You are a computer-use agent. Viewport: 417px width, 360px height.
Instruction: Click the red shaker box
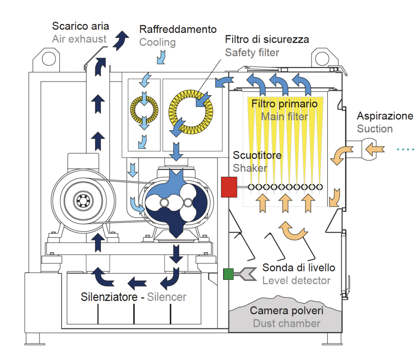pyautogui.click(x=229, y=187)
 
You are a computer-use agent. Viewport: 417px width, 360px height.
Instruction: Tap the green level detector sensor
pyautogui.click(x=228, y=275)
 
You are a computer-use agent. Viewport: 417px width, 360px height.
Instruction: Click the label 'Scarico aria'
pyautogui.click(x=80, y=26)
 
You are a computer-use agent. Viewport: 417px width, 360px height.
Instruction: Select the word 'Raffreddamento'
pyautogui.click(x=178, y=29)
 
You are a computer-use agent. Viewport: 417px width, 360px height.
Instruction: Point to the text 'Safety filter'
pyautogui.click(x=252, y=52)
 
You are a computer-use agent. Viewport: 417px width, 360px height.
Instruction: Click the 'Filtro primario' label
pyautogui.click(x=284, y=104)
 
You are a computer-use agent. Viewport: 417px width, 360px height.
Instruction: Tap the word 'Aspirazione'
pyautogui.click(x=385, y=116)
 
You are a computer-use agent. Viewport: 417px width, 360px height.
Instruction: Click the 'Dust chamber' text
pyautogui.click(x=286, y=324)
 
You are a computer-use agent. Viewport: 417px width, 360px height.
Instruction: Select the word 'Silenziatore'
pyautogui.click(x=109, y=297)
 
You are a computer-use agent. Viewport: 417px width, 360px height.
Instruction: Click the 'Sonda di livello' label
pyautogui.click(x=298, y=267)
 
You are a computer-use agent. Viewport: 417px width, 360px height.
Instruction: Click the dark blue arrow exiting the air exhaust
pyautogui.click(x=121, y=40)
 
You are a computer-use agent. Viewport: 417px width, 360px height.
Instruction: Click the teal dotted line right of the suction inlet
pyautogui.click(x=406, y=150)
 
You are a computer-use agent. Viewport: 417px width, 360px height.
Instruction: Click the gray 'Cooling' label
pyautogui.click(x=157, y=42)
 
